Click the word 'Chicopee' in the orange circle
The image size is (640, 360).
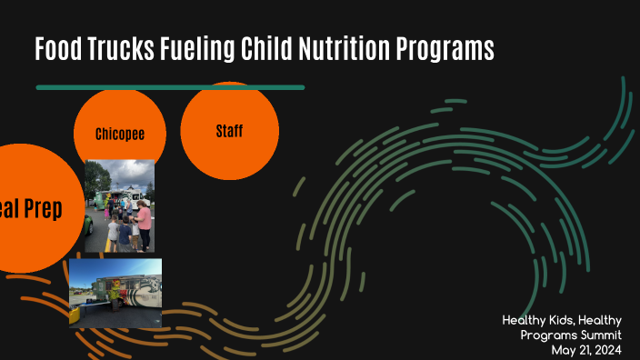(120, 135)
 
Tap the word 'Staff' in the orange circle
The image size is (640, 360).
(229, 131)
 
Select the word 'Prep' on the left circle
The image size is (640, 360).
(43, 209)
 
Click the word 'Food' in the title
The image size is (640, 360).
(59, 49)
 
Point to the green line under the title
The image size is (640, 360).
(170, 87)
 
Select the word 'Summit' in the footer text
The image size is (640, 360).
(597, 335)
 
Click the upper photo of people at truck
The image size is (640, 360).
(119, 205)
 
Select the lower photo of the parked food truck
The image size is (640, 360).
(115, 293)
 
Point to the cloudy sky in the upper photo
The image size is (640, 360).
(118, 171)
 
